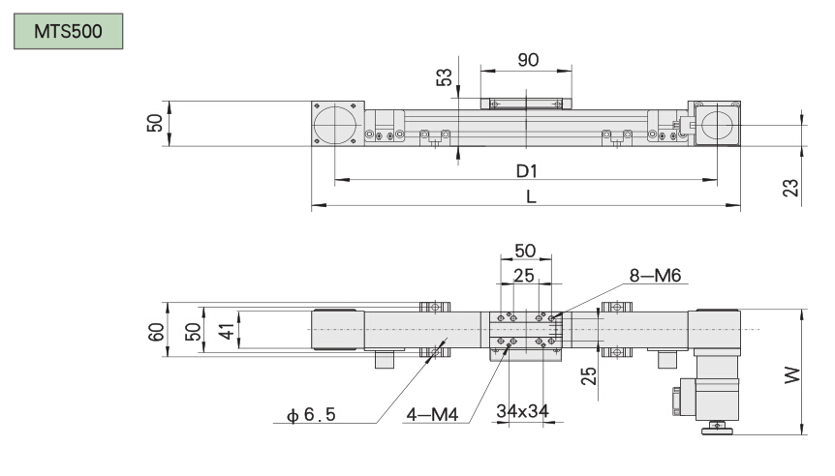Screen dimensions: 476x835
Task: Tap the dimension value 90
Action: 528,60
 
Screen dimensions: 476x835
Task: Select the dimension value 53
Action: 446,78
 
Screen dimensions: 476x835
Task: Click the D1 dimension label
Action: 526,170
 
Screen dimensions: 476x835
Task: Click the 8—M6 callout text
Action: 656,276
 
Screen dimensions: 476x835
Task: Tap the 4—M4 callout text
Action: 432,417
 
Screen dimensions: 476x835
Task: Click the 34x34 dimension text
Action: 523,410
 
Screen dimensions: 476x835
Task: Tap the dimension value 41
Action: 226,331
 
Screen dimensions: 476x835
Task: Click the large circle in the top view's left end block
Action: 335,125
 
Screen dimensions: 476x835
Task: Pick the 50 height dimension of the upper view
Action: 154,124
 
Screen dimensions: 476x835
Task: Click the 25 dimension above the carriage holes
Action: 524,276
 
